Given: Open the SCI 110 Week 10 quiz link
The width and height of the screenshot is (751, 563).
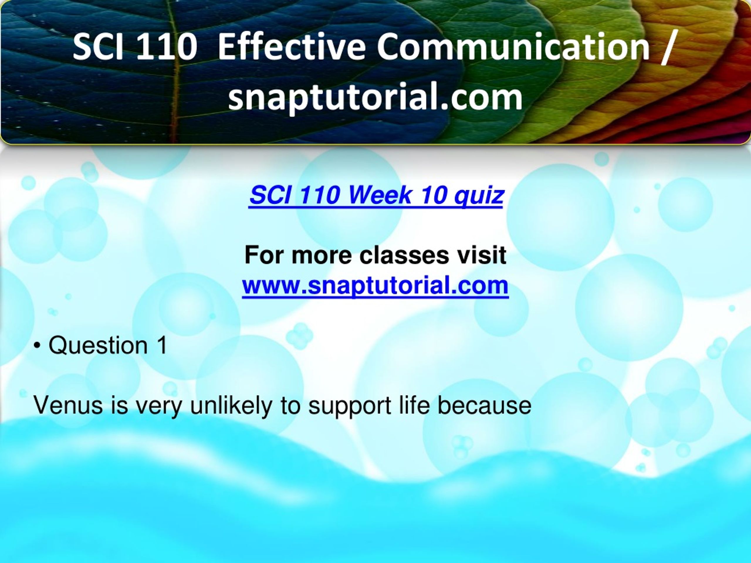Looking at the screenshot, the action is point(376,196).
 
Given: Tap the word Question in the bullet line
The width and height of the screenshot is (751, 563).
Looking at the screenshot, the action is point(98,345).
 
